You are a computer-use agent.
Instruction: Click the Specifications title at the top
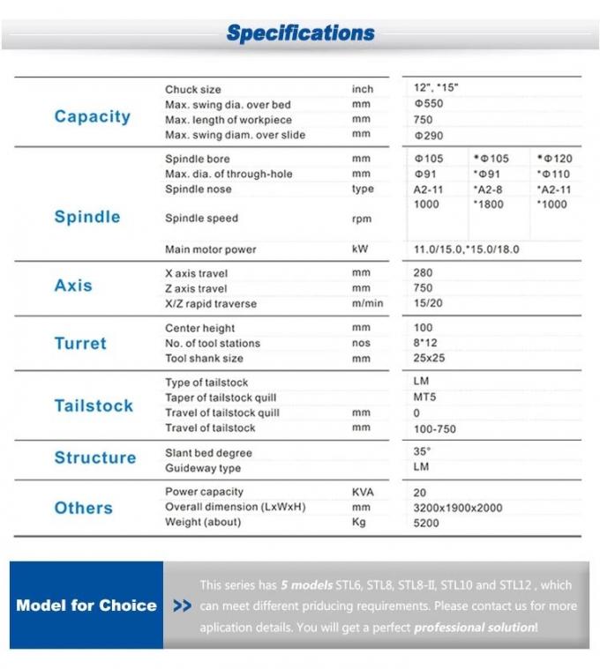point(300,33)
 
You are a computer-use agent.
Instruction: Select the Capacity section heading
point(92,116)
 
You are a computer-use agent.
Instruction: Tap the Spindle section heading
point(87,217)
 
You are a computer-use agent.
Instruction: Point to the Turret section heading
point(80,344)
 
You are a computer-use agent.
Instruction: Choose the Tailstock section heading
point(94,405)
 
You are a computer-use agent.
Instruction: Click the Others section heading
point(83,508)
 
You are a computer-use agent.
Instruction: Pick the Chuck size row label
point(193,89)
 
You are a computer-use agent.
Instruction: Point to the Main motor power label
point(210,249)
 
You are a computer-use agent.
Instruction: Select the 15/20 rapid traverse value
point(429,304)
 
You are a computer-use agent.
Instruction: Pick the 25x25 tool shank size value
point(429,359)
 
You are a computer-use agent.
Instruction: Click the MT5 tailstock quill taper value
point(424,398)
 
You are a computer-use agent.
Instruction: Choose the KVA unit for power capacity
point(362,492)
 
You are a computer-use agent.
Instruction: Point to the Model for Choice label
point(86,606)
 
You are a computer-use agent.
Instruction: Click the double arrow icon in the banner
point(183,606)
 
